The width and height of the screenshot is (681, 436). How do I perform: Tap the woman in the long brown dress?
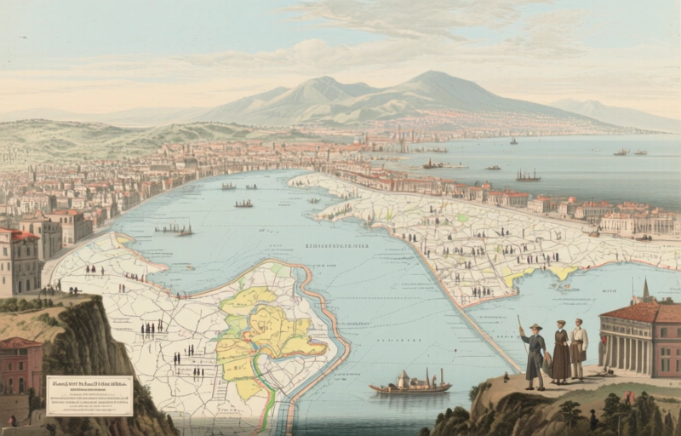tap(560, 353)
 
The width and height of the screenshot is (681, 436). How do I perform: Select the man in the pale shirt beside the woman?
tap(580, 349)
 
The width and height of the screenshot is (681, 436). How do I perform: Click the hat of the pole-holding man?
tap(535, 327)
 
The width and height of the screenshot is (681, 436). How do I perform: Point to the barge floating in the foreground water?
tap(409, 387)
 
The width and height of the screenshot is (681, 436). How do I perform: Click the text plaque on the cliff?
tap(89, 395)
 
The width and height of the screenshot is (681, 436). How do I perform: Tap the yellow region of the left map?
tap(264, 332)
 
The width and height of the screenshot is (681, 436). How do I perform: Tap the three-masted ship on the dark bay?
tap(528, 176)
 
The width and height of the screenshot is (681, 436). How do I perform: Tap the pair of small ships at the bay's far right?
tap(630, 152)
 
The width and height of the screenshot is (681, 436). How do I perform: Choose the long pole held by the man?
tap(520, 329)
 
